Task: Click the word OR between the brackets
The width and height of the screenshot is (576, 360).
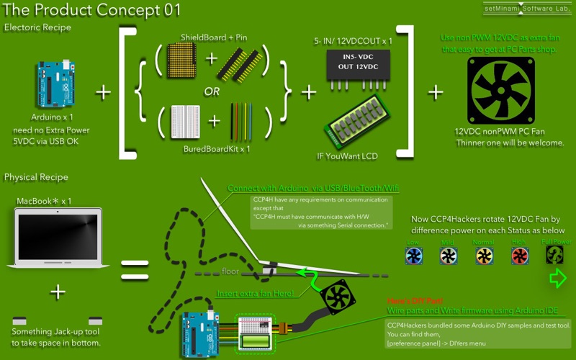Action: pyautogui.click(x=212, y=92)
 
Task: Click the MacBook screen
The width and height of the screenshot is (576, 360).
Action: pyautogui.click(x=57, y=237)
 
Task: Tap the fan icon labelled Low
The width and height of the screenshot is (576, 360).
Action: pyautogui.click(x=413, y=256)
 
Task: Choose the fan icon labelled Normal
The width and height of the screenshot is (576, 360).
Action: pyautogui.click(x=484, y=256)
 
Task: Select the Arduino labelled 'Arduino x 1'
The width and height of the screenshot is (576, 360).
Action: pyautogui.click(x=52, y=85)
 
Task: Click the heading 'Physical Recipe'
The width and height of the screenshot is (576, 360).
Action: pyautogui.click(x=36, y=177)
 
